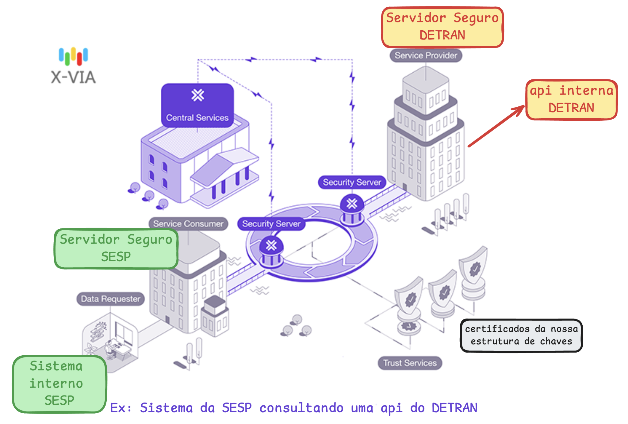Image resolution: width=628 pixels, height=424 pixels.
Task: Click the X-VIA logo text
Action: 73,77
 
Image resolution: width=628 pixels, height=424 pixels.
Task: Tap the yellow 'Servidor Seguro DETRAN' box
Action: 442,27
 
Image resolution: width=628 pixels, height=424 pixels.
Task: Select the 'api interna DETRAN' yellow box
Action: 571,99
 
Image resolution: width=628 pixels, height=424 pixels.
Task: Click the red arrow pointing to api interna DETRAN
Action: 497,126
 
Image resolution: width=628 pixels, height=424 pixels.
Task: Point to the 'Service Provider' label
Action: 426,55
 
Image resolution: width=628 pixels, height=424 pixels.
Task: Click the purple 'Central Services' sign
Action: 197,105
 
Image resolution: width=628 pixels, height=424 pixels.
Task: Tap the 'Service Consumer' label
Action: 188,223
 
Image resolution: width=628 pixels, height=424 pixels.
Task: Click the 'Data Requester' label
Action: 110,299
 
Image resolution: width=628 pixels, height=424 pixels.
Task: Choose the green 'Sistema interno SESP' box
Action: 59,384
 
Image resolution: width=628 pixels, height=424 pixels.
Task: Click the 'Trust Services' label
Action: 410,363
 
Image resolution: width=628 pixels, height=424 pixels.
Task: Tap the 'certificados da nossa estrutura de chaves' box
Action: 521,335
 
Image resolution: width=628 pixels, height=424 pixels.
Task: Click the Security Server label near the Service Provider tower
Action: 352,182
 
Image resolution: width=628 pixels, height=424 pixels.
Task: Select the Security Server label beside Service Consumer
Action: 271,223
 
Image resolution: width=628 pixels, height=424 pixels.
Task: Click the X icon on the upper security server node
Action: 352,204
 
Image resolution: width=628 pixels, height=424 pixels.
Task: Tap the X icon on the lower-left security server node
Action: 271,245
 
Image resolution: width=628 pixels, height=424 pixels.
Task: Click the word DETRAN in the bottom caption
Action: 454,408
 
